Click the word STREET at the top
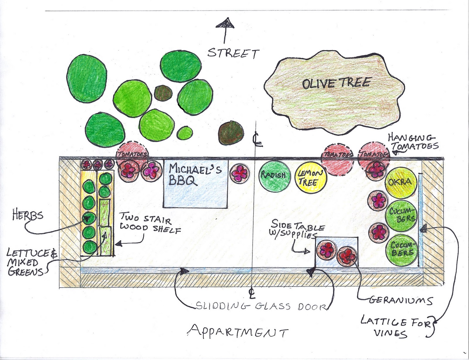coord(233,54)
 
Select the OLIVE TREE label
coord(336,83)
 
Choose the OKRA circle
coord(400,182)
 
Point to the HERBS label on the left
coord(28,216)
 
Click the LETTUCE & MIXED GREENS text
coord(28,262)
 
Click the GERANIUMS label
coord(400,300)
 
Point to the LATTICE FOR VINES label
coord(396,327)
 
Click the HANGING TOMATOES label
coord(413,142)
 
